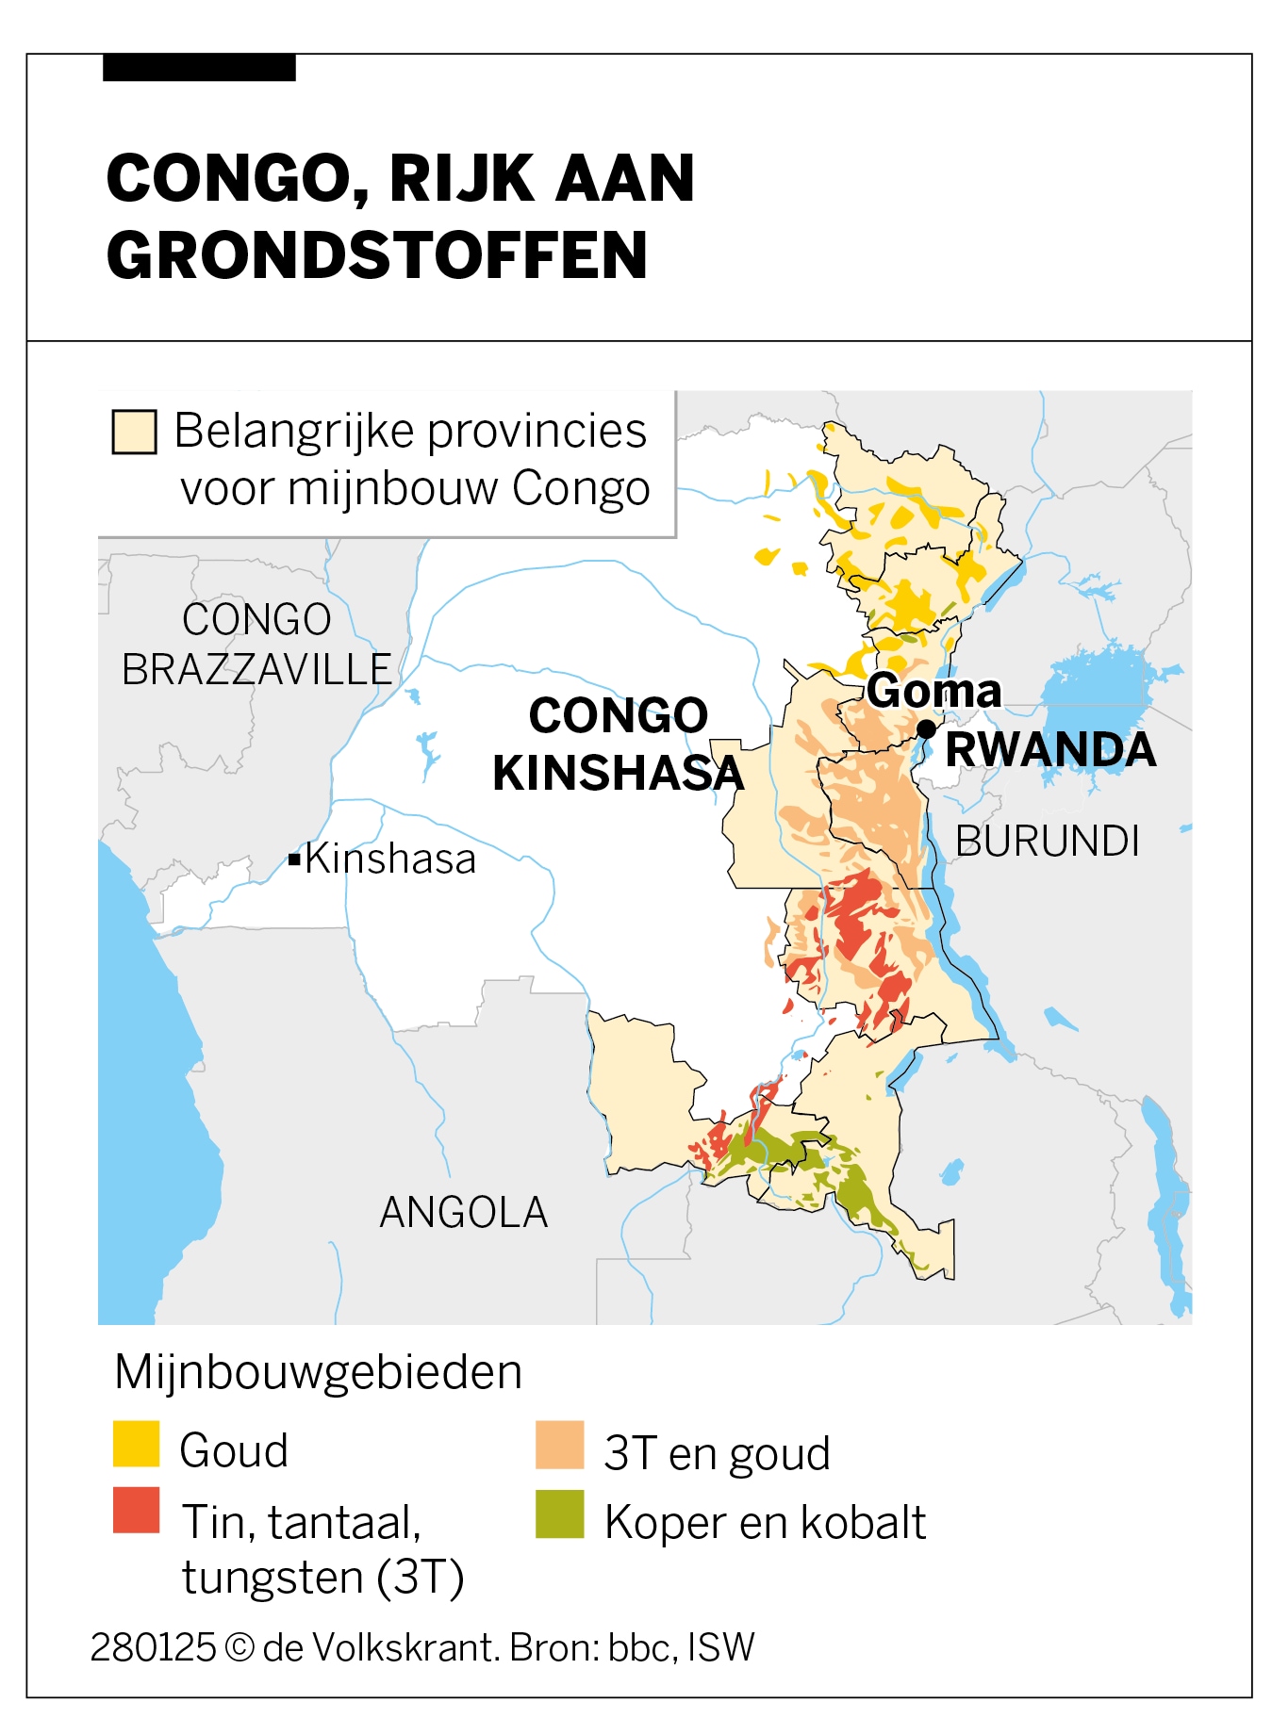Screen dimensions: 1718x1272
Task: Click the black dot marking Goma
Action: pos(926,728)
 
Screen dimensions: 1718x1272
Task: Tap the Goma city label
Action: pos(933,691)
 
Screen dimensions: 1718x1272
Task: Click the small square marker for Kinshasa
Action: pos(294,859)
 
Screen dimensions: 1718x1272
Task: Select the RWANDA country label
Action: pos(1050,750)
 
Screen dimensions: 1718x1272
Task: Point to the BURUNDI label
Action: pos(1047,841)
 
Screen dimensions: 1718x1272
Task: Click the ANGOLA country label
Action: pos(463,1212)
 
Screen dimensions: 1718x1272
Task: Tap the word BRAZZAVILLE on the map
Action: pos(256,669)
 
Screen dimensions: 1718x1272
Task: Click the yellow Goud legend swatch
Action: pos(136,1444)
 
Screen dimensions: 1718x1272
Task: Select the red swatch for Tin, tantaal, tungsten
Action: pos(136,1511)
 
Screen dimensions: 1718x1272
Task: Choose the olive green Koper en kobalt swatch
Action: pos(559,1513)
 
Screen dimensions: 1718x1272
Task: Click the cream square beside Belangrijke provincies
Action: pos(134,432)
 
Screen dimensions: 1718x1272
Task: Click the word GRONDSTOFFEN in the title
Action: pos(376,255)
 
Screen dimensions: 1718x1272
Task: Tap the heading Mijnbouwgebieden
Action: pos(318,1371)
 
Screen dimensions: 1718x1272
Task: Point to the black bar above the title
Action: pos(199,68)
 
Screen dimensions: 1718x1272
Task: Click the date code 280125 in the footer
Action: pos(153,1647)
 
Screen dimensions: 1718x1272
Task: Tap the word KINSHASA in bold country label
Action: pos(618,773)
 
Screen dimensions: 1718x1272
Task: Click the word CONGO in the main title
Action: pos(229,178)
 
